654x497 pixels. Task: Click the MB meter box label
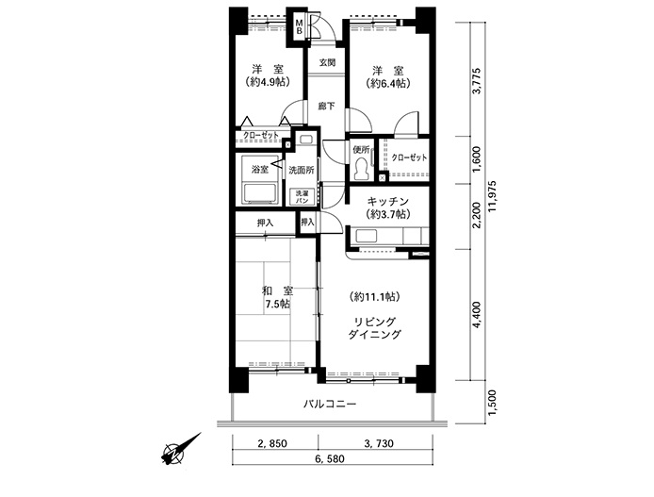(x=300, y=27)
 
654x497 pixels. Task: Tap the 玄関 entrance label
(x=328, y=62)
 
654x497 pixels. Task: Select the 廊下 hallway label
(x=326, y=107)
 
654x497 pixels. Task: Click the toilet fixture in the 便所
(x=361, y=170)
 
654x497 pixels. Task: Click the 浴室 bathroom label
(x=260, y=170)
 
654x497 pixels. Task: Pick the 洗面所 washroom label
(x=302, y=171)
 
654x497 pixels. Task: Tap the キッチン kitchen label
(x=388, y=202)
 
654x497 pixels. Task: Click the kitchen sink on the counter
(x=367, y=236)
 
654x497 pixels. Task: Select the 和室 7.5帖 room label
(x=277, y=297)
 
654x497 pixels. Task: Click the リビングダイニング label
(x=374, y=328)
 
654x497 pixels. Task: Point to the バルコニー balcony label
(x=330, y=404)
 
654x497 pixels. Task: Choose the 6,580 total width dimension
(x=330, y=458)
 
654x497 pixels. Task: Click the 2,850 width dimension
(x=272, y=443)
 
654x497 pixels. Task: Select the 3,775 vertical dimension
(x=477, y=81)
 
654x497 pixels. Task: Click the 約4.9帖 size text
(x=268, y=82)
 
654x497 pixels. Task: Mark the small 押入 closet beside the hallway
(x=308, y=223)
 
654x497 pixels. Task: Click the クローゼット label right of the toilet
(x=409, y=157)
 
